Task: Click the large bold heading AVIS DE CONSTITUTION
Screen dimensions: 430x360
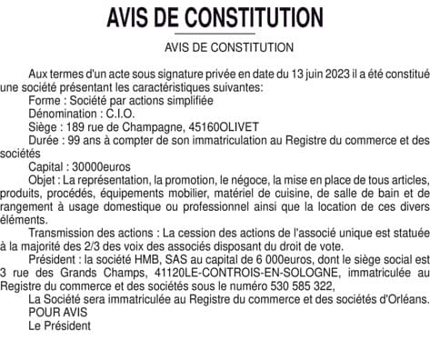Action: point(215,18)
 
